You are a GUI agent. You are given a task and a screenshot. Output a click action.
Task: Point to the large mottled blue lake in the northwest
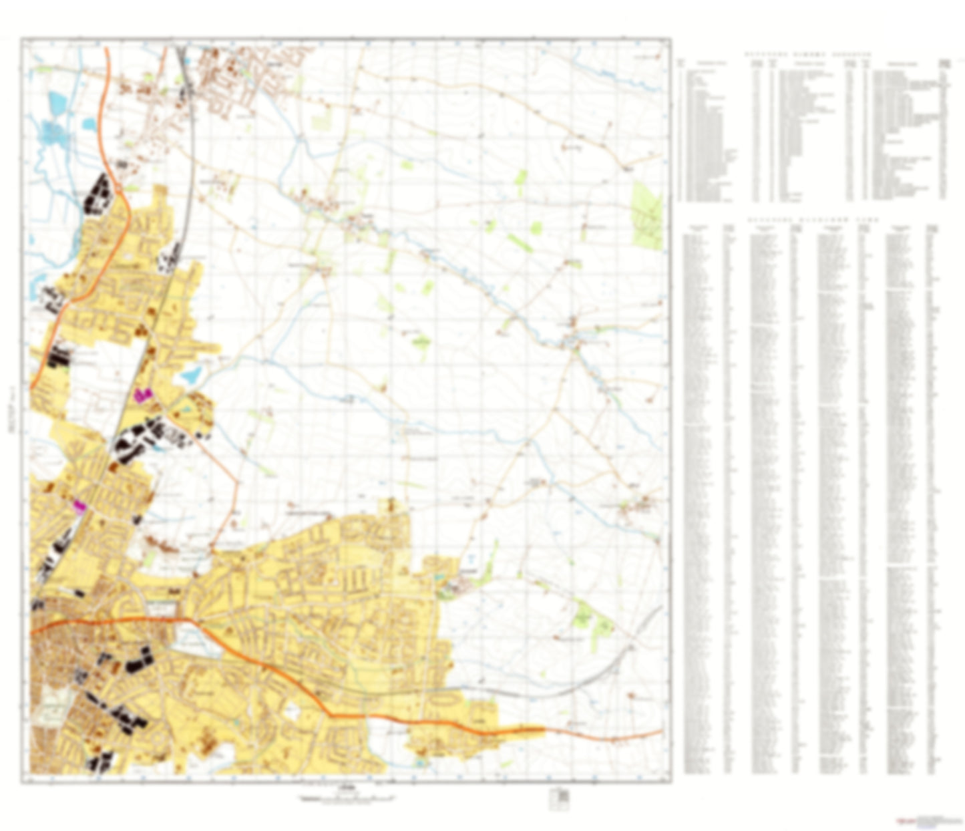click(x=55, y=134)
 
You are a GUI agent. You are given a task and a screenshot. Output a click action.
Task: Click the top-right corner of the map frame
click(x=670, y=39)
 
